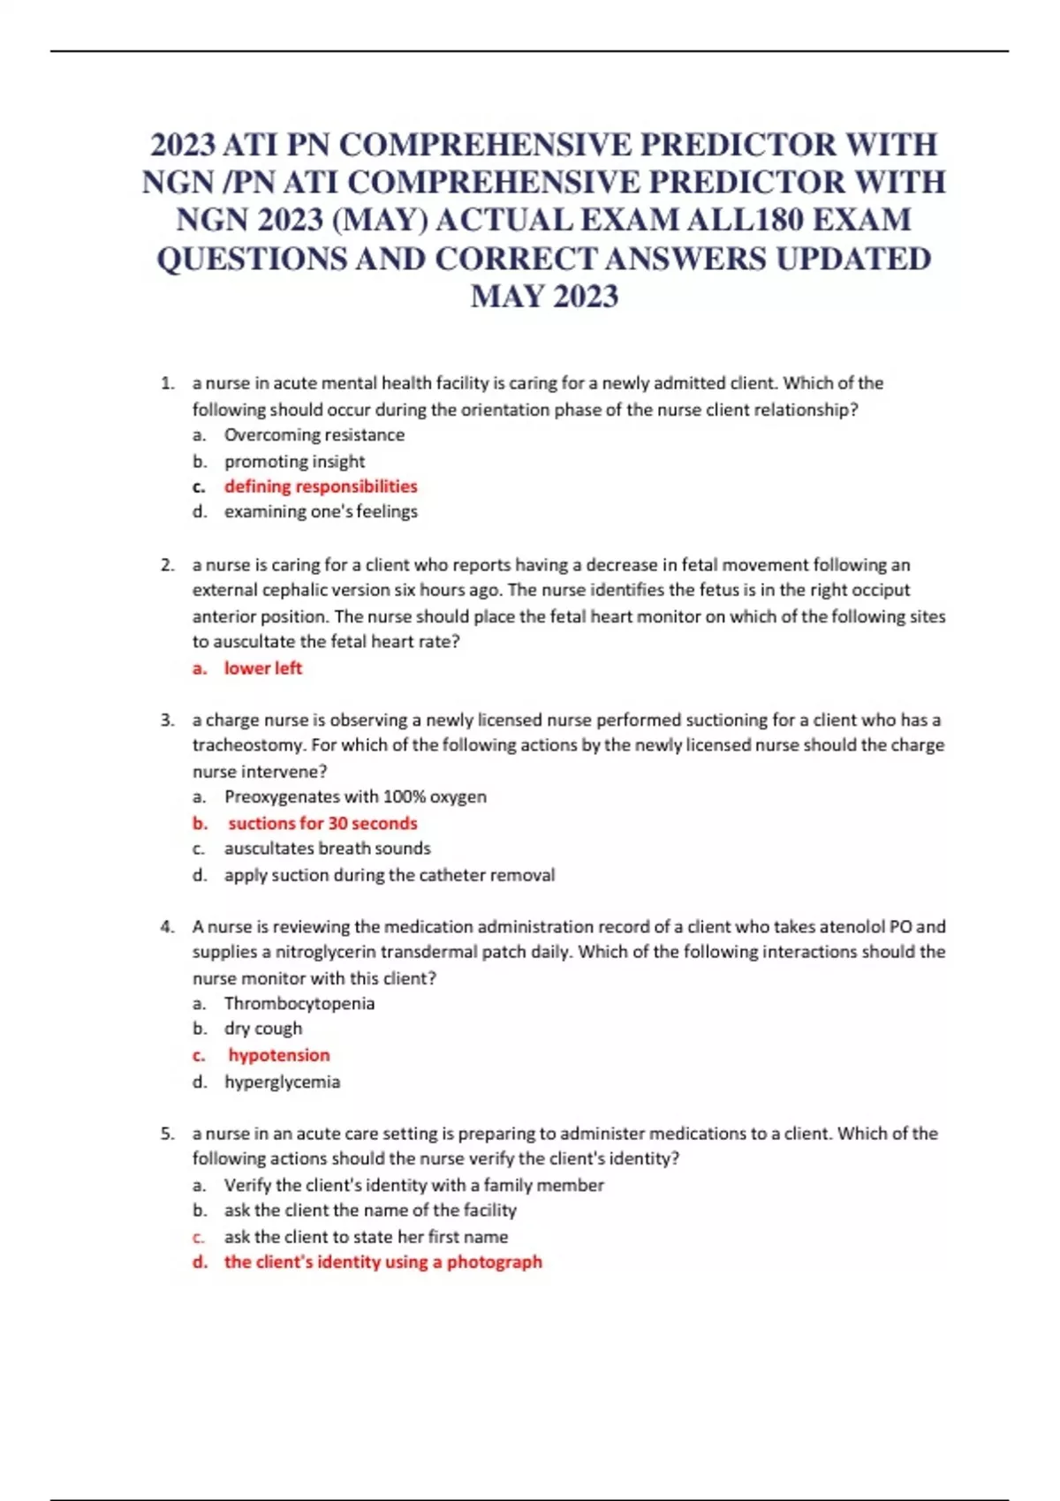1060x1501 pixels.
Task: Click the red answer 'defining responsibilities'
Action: click(320, 487)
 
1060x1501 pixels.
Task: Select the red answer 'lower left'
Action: click(262, 668)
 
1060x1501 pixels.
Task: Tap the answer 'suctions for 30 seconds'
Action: click(322, 823)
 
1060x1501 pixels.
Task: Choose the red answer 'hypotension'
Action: click(278, 1055)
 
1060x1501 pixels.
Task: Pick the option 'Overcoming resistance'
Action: click(314, 435)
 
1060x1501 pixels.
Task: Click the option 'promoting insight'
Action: click(294, 461)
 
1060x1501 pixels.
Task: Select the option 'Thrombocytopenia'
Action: click(299, 1003)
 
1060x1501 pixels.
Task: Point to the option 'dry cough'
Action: click(262, 1029)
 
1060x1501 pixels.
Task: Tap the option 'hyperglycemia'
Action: click(282, 1082)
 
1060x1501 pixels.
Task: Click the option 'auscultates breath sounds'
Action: click(327, 849)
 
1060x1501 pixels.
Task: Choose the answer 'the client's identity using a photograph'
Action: click(382, 1262)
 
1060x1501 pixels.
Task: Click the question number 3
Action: click(167, 720)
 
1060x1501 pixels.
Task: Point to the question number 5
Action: click(167, 1133)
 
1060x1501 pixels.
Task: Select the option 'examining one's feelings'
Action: click(321, 512)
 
